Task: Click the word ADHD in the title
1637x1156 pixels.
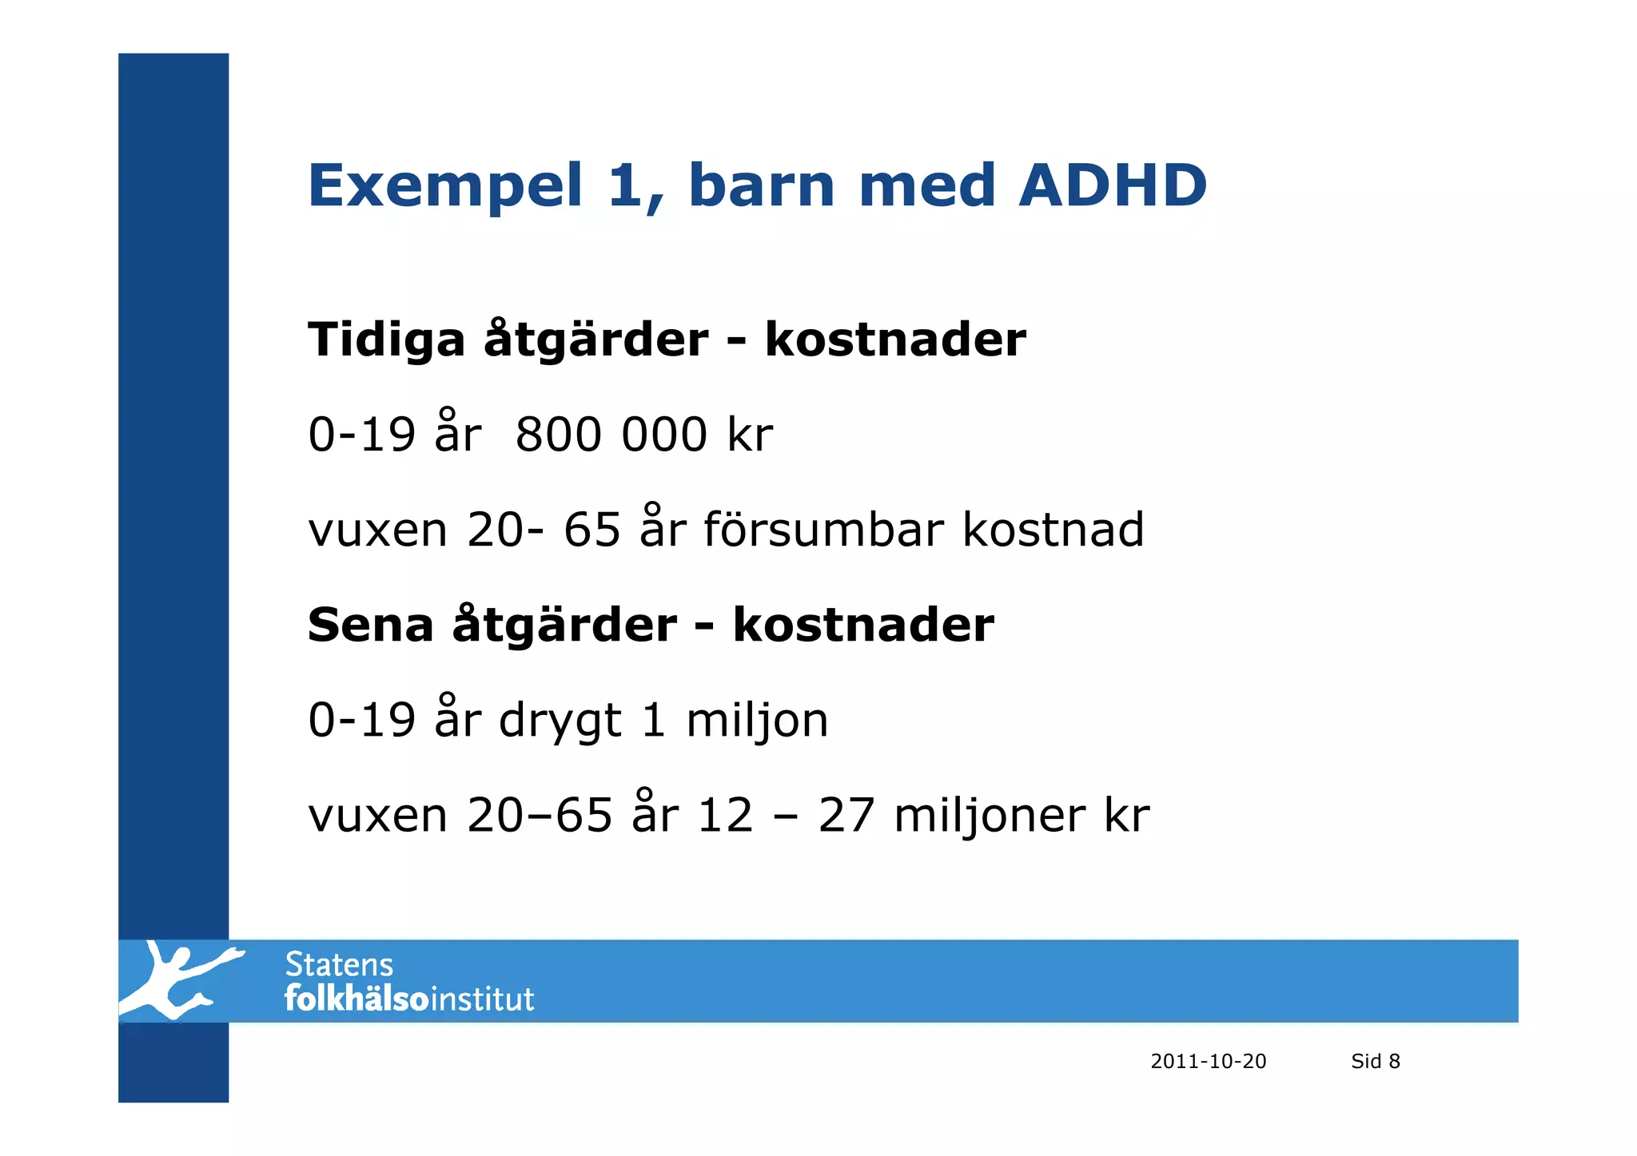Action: (x=1112, y=185)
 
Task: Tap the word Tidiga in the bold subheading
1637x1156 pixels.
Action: (x=386, y=340)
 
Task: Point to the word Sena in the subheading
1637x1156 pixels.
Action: (x=370, y=625)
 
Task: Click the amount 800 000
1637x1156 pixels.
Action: (x=611, y=435)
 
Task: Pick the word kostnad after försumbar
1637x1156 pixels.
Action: (x=1053, y=529)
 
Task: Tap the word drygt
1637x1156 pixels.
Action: (x=560, y=721)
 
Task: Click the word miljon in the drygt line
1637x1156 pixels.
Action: (x=757, y=721)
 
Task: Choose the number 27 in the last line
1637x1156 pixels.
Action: (x=846, y=816)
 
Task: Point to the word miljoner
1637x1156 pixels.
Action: (x=988, y=816)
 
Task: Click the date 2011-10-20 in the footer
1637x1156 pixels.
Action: (x=1208, y=1061)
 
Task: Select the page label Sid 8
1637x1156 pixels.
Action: (x=1375, y=1061)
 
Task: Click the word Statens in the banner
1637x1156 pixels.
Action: (x=339, y=965)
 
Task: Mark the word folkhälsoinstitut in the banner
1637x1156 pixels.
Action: (x=409, y=999)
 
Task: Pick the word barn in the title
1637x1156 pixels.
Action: (x=761, y=185)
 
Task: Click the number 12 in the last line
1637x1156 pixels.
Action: (x=725, y=816)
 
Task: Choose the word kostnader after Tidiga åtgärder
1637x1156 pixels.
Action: (x=894, y=340)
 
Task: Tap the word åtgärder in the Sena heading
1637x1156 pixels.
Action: (x=564, y=625)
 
